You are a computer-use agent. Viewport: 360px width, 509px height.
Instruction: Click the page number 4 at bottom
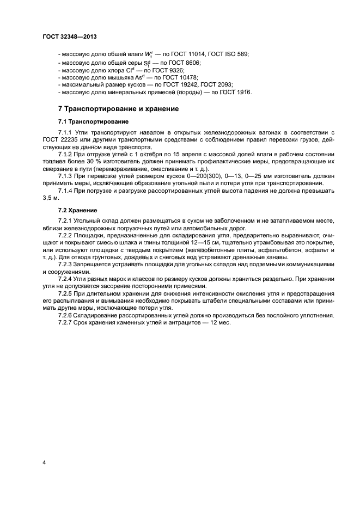[44, 462]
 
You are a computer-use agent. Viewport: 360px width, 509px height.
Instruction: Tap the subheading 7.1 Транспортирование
[94, 121]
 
